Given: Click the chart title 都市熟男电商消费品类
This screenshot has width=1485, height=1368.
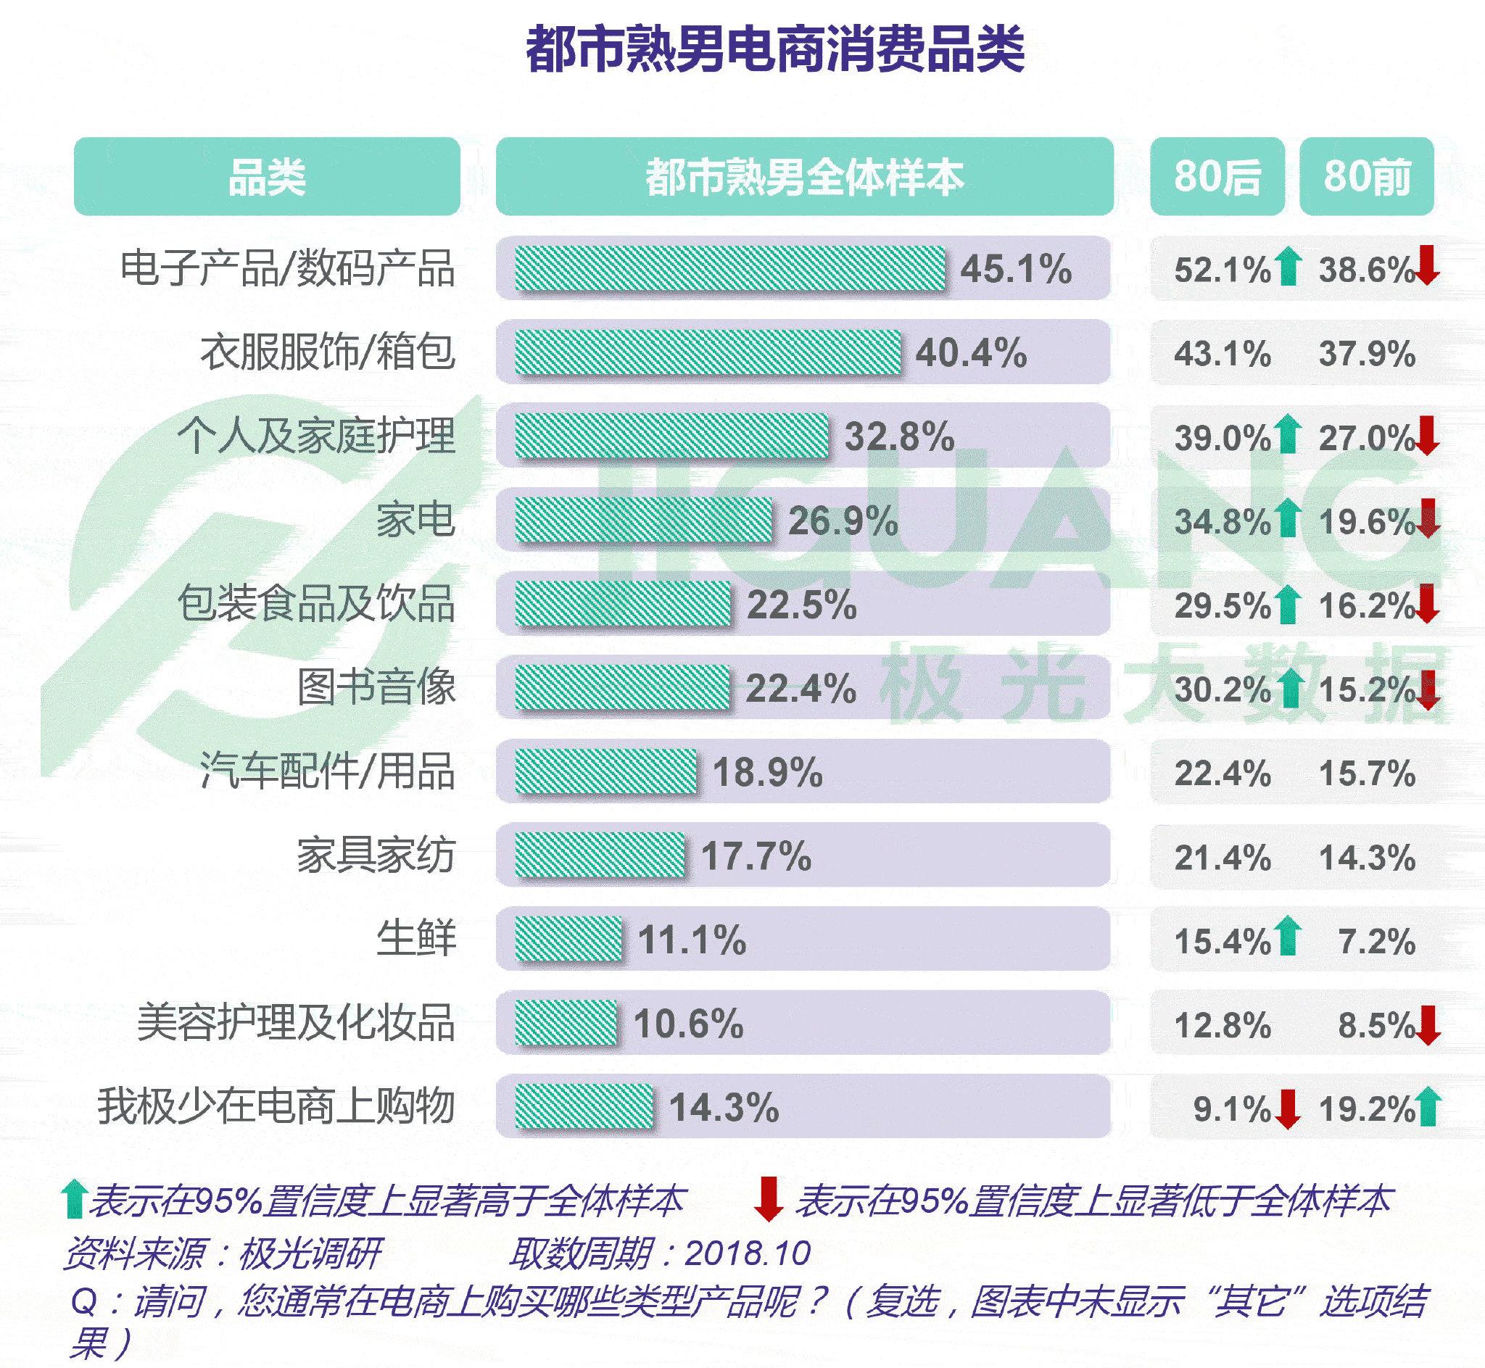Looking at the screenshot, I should pyautogui.click(x=775, y=49).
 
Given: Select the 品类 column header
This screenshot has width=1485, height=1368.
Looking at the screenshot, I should pyautogui.click(x=267, y=177).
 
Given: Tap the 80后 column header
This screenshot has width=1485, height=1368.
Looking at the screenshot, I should pyautogui.click(x=1216, y=177).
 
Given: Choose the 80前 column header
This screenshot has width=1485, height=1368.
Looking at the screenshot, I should pyautogui.click(x=1367, y=177).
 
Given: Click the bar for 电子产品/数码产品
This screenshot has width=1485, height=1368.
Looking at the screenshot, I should pyautogui.click(x=730, y=268).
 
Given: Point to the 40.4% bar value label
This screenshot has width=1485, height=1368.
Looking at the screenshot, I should pyautogui.click(x=970, y=352).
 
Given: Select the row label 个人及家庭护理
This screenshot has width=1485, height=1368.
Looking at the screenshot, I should pyautogui.click(x=316, y=436).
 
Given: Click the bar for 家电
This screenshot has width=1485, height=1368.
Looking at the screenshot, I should pyautogui.click(x=642, y=520).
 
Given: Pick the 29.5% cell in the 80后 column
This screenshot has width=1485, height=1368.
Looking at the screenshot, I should pyautogui.click(x=1223, y=605).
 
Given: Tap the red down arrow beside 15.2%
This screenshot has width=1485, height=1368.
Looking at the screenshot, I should pyautogui.click(x=1428, y=690).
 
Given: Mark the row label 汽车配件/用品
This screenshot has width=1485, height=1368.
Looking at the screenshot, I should pyautogui.click(x=327, y=771).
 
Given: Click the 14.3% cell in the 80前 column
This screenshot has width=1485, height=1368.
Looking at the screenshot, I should pyautogui.click(x=1367, y=858).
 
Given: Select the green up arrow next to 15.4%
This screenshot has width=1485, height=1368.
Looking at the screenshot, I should pyautogui.click(x=1288, y=936).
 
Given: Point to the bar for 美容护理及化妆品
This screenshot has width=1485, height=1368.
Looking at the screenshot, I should pyautogui.click(x=566, y=1024).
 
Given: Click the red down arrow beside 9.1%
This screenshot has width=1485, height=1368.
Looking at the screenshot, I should pyautogui.click(x=1288, y=1108).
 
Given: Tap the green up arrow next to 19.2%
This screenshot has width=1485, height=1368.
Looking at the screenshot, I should pyautogui.click(x=1428, y=1107).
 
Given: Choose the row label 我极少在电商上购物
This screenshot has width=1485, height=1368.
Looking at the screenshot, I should pyautogui.click(x=276, y=1108).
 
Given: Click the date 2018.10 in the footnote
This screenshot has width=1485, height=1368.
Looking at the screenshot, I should pyautogui.click(x=748, y=1253).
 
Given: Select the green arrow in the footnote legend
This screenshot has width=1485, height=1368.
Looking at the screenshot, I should pyautogui.click(x=73, y=1200).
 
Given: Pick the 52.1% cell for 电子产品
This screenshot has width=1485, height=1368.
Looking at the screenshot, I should pyautogui.click(x=1223, y=270).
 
